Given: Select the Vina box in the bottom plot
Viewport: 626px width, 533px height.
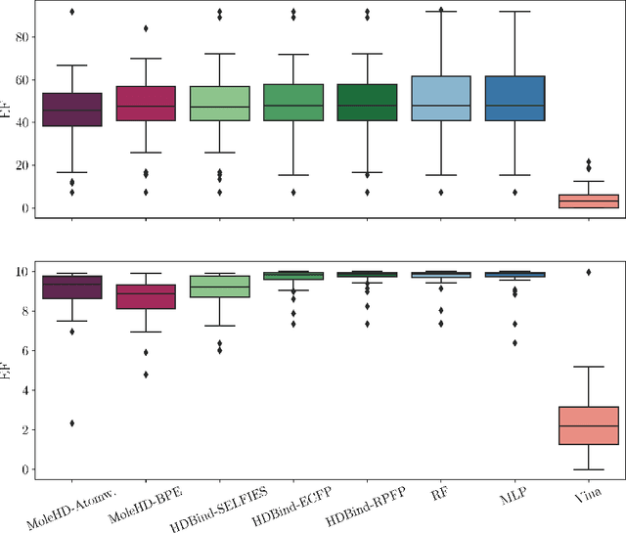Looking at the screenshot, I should click(x=588, y=425).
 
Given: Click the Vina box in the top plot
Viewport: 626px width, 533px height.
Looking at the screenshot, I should click(x=588, y=201).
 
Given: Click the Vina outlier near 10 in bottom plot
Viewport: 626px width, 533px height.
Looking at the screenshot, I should click(x=588, y=272).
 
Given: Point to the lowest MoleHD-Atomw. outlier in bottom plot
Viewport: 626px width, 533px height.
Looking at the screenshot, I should click(x=70, y=423).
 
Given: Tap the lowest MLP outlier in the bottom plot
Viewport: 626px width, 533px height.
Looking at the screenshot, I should click(x=514, y=342).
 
